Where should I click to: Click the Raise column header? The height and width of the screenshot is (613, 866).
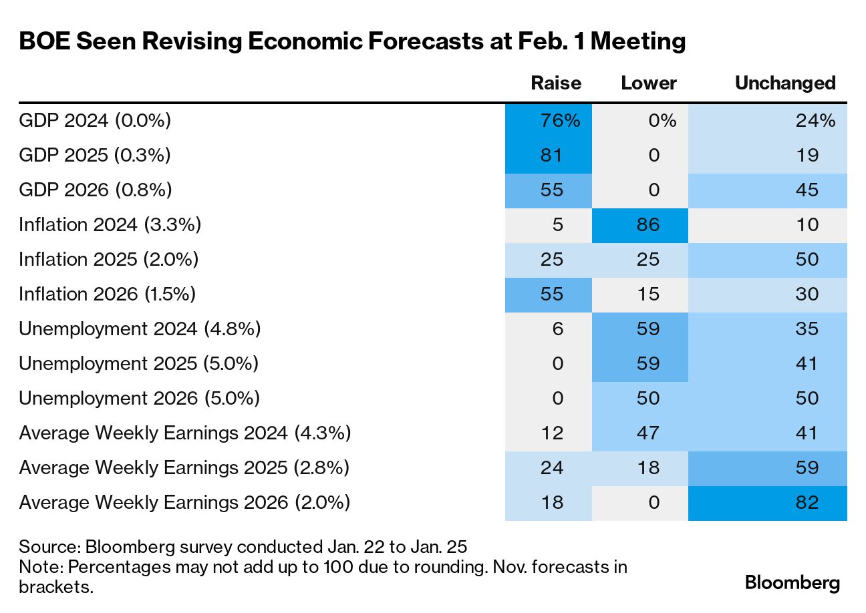coord(555,83)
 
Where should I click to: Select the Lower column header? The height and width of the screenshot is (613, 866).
coord(648,83)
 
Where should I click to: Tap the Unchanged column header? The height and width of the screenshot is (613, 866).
coord(785,83)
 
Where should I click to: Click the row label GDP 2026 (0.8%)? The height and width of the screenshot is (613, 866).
coord(96,190)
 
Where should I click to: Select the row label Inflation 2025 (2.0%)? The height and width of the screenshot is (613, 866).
coord(109,259)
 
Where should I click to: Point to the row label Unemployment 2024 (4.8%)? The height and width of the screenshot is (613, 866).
coord(140,329)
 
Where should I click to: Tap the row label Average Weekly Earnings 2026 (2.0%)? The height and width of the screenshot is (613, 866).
coord(184,502)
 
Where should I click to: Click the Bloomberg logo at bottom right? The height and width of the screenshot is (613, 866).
coord(792,582)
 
